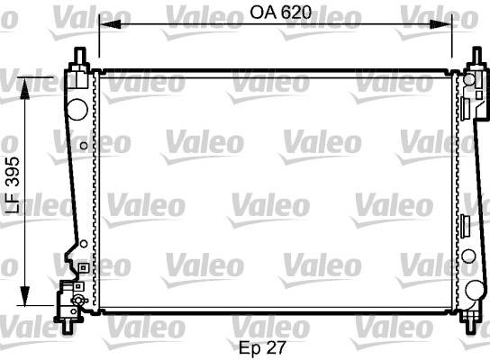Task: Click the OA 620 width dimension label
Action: tap(281, 13)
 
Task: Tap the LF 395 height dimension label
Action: tap(14, 184)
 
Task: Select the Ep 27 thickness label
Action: tap(262, 347)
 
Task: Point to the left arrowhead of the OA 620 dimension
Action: tap(110, 24)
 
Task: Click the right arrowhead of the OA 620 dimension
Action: tap(441, 24)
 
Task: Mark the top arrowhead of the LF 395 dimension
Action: tap(24, 88)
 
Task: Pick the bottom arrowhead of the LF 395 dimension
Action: tap(24, 295)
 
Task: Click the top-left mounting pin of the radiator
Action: tap(80, 56)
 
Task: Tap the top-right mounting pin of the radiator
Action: tap(476, 55)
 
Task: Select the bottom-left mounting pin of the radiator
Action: tap(68, 327)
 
